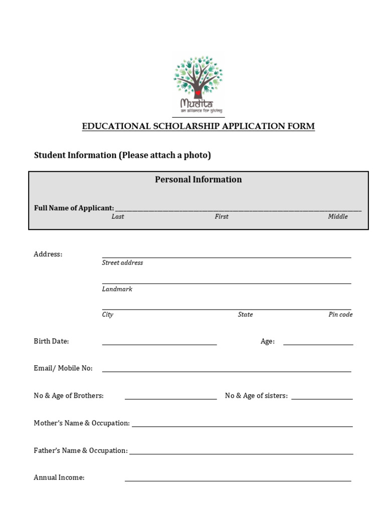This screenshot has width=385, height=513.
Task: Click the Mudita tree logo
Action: click(199, 84)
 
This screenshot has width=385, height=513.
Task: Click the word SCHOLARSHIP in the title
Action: click(183, 126)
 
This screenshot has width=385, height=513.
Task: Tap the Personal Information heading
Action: click(198, 179)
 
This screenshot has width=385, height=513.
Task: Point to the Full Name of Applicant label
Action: click(74, 208)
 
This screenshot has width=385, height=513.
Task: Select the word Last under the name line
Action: click(118, 216)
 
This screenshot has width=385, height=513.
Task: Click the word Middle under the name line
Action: click(338, 216)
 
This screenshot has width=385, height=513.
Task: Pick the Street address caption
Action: click(122, 263)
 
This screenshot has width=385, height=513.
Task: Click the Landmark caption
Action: click(117, 289)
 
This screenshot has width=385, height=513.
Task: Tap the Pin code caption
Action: click(340, 315)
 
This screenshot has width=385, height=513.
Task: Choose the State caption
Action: click(245, 315)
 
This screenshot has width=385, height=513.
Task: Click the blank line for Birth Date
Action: click(159, 344)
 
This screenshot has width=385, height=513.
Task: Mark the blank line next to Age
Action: click(318, 344)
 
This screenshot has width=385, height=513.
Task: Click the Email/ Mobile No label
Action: click(63, 368)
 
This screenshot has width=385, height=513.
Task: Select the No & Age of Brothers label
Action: click(69, 396)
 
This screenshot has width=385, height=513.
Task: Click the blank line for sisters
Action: click(322, 398)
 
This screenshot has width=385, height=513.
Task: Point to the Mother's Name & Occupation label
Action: click(82, 423)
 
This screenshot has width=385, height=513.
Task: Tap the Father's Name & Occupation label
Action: click(81, 450)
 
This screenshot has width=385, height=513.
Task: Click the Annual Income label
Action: click(59, 477)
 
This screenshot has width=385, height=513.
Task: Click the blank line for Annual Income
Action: click(238, 480)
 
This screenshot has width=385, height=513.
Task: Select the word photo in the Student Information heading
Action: click(196, 155)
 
